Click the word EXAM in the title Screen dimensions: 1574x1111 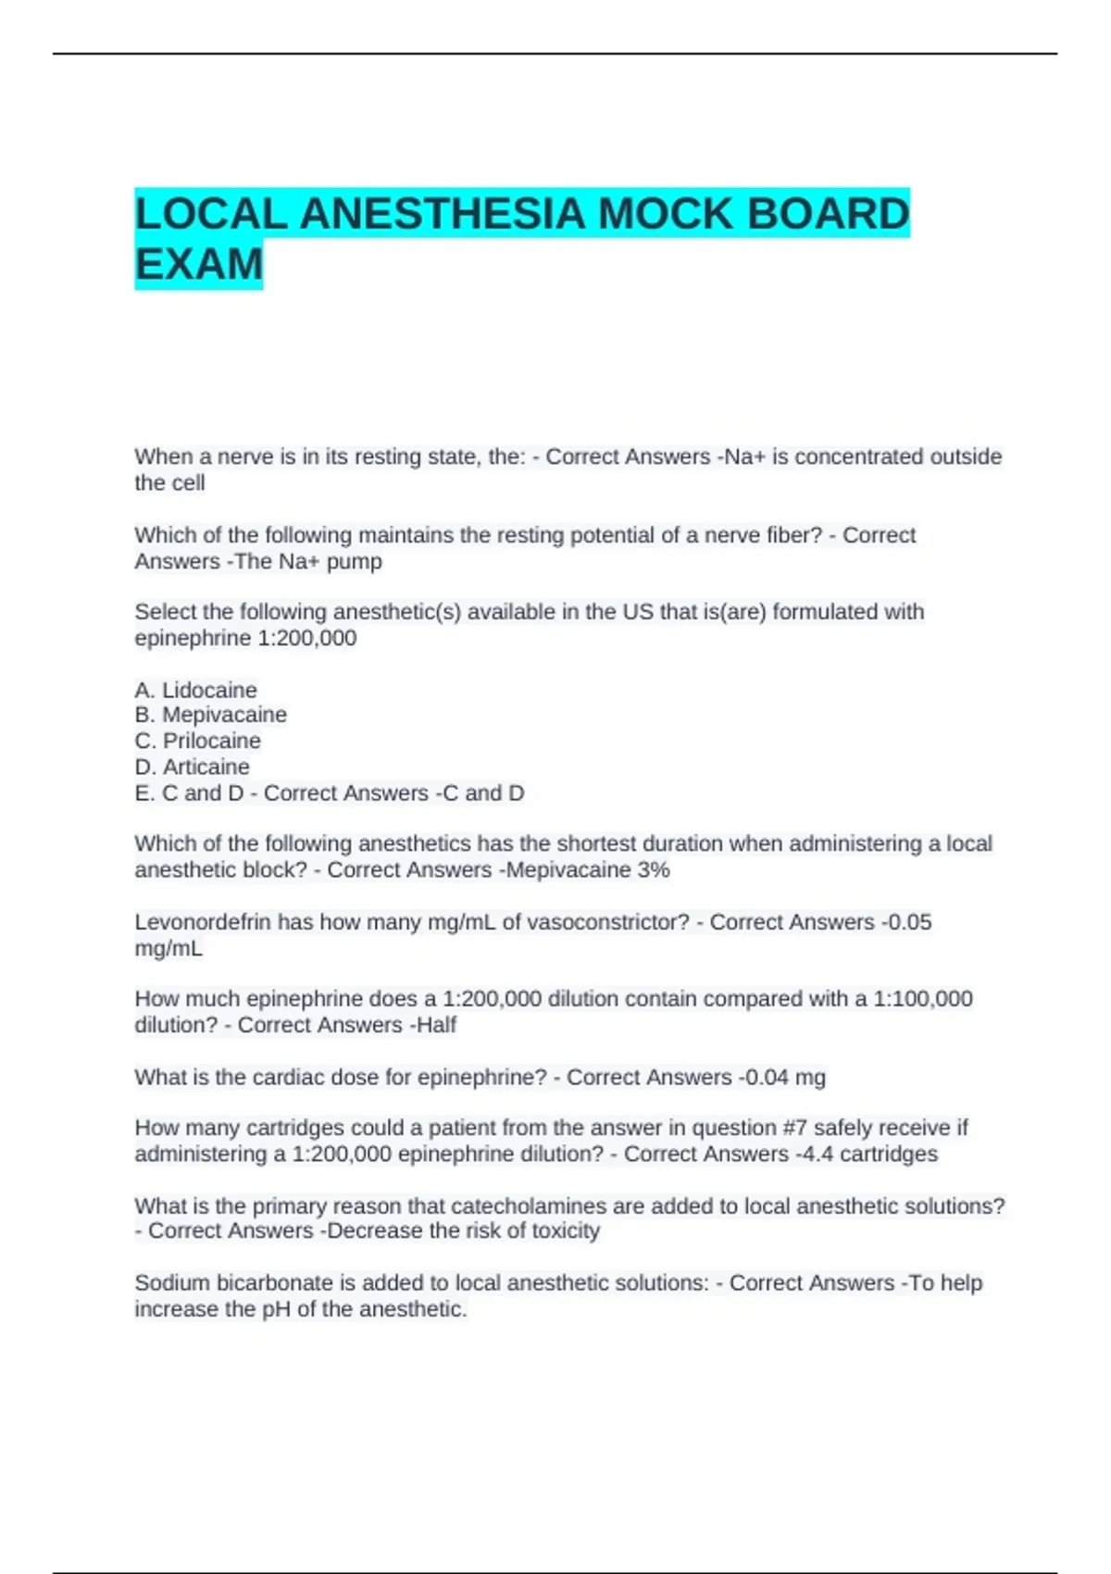click(x=199, y=265)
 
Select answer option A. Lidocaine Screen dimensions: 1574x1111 click(x=195, y=690)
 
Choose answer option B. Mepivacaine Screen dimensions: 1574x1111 click(x=210, y=715)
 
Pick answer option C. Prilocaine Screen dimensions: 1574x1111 click(x=197, y=741)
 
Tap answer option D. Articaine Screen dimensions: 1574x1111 click(x=192, y=767)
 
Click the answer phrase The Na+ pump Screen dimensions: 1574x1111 click(x=308, y=561)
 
